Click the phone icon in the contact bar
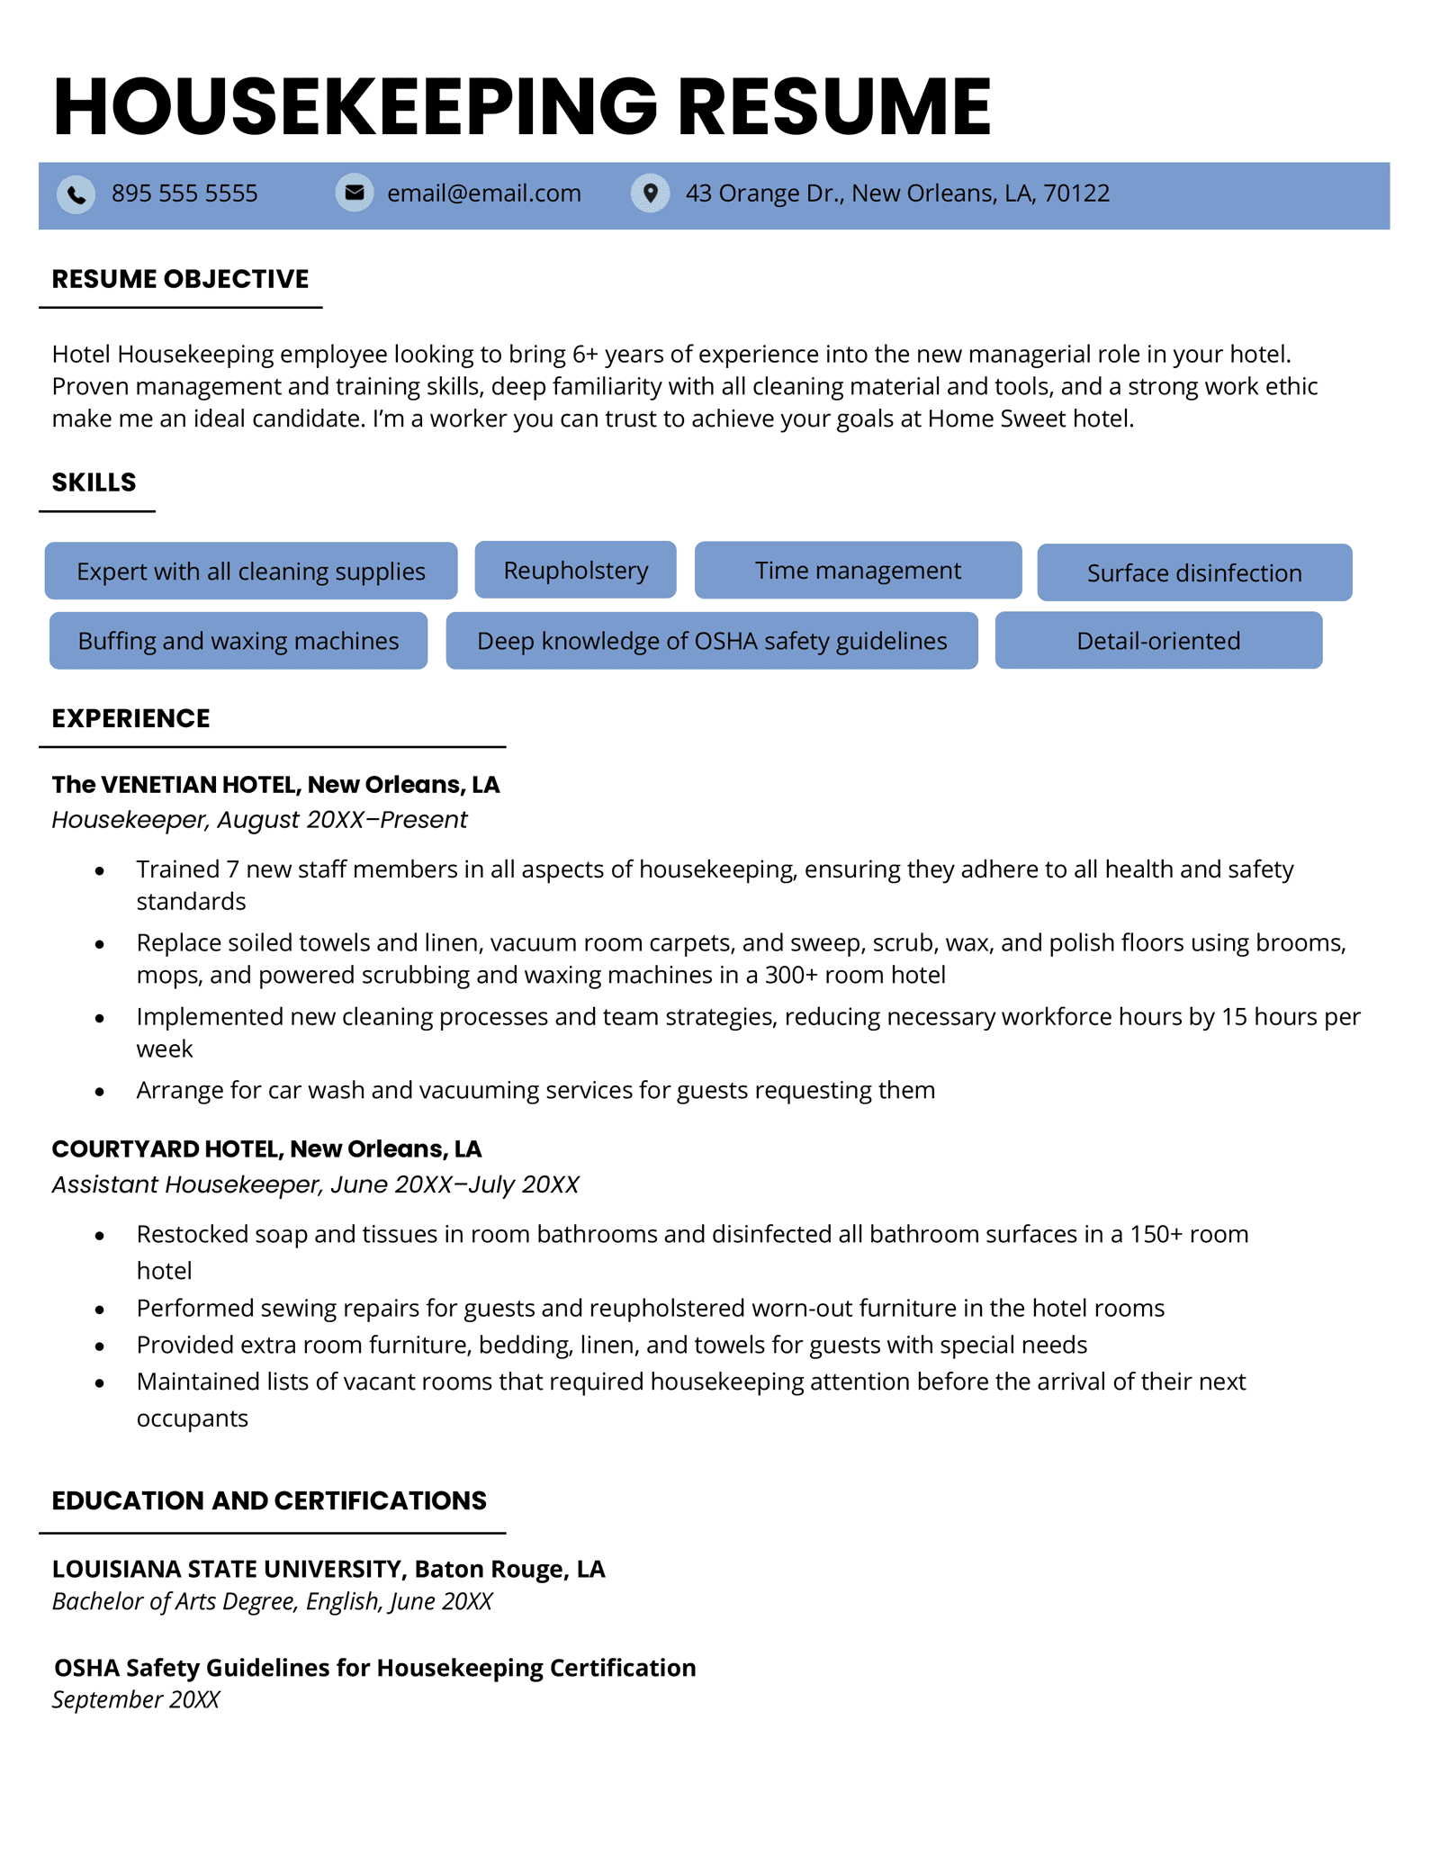coord(76,194)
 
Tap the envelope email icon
coord(355,193)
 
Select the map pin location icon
coord(650,193)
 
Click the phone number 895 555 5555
coord(184,194)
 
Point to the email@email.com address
coord(483,194)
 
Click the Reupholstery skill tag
coord(575,571)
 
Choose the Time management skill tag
coord(858,571)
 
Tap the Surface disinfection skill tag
coord(1193,573)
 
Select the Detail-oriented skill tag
coord(1157,641)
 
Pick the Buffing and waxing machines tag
coord(238,641)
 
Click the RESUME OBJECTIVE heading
coord(180,279)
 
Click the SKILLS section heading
coord(94,482)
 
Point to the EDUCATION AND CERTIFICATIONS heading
coord(269,1500)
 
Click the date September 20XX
coord(136,1699)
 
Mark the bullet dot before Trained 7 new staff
coord(100,870)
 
